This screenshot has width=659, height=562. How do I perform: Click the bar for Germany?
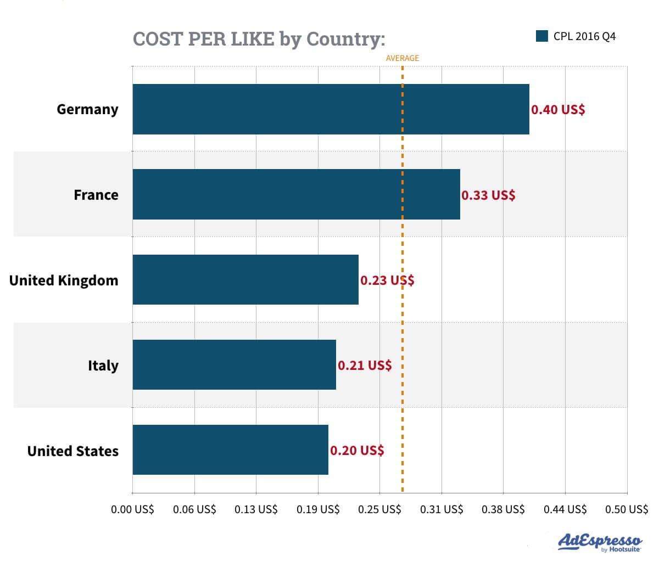coord(331,109)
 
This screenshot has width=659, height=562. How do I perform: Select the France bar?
coord(296,194)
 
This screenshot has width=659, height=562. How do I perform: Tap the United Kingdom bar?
coord(245,279)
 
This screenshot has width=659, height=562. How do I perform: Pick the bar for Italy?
coord(234,364)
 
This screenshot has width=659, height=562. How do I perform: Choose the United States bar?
coord(230,449)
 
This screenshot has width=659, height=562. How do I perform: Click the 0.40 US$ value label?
coord(558,110)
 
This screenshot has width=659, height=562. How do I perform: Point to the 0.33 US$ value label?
coord(488,195)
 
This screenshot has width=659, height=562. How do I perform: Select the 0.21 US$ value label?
coord(365,366)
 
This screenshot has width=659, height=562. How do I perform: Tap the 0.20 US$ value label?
coord(357,451)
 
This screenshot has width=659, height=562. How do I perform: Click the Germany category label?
coord(87,109)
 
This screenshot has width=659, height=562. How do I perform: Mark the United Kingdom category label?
coord(64,280)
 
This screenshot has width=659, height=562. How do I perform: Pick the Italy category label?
coord(103,366)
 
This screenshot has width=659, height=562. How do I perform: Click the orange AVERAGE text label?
coord(402,58)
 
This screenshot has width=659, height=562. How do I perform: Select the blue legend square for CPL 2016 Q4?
coord(542,37)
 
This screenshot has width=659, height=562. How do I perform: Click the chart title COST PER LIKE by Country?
coord(259,40)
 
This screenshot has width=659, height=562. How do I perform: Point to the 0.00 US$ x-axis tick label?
coord(132,509)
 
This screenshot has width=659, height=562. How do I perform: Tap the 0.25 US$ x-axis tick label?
coord(379,509)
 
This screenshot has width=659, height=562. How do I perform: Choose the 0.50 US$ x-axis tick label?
coord(627,509)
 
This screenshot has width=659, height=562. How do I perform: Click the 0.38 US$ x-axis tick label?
coord(503,509)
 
